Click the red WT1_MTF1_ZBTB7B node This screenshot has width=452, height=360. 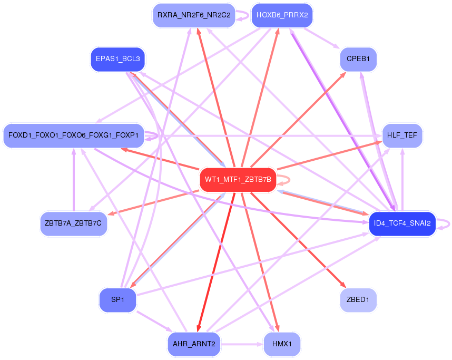click(238, 180)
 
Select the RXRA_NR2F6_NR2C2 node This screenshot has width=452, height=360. click(193, 15)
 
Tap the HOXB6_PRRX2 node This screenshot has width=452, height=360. click(282, 15)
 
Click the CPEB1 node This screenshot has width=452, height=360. click(358, 59)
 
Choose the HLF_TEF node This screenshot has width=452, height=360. click(402, 135)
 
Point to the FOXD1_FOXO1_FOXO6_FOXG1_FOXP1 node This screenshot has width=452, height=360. click(73, 135)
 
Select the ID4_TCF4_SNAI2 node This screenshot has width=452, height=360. click(402, 223)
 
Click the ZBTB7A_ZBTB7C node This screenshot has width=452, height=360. click(73, 223)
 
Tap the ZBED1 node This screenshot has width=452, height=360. click(358, 300)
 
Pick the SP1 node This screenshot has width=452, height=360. click(117, 300)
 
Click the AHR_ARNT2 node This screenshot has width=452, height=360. click(193, 344)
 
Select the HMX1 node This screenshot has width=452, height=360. click(282, 344)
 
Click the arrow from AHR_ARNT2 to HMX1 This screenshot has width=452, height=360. click(242, 344)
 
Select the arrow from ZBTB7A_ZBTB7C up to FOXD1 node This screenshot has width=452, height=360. click(73, 179)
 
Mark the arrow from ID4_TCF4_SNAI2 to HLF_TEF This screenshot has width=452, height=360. click(402, 179)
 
